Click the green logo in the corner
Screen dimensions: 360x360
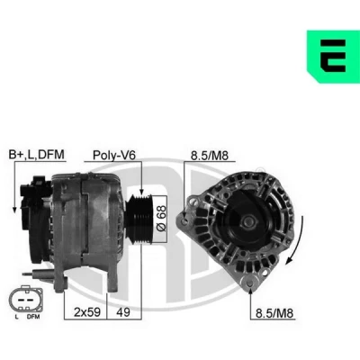tap(333, 57)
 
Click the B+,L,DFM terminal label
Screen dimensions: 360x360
tap(37, 155)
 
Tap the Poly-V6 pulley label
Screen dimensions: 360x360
tap(114, 155)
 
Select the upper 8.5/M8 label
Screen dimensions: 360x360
tap(210, 156)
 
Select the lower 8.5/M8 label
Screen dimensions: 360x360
tap(274, 313)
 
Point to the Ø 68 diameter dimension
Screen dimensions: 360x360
tap(161, 219)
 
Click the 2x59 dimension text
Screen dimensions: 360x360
tap(87, 312)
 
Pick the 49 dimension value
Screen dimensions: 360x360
tap(123, 312)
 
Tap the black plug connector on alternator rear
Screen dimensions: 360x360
tap(32, 196)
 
